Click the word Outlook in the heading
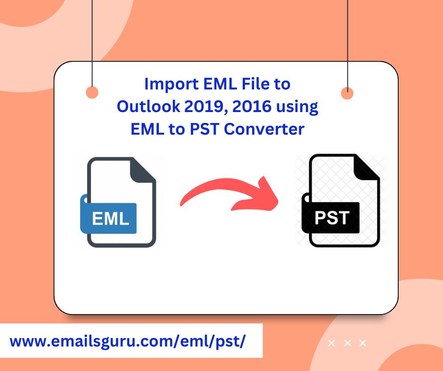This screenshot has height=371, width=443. (148, 106)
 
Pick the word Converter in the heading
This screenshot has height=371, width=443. (264, 129)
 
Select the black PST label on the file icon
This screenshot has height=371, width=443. (331, 218)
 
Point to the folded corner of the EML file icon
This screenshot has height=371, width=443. (142, 170)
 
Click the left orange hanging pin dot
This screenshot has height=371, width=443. (92, 93)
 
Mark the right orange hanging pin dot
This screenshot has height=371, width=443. (347, 93)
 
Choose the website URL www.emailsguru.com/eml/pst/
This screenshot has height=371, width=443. (128, 341)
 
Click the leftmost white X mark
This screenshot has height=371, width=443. (331, 343)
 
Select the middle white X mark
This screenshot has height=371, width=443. (347, 343)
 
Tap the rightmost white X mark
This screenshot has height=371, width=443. (362, 343)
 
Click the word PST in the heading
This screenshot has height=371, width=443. (204, 129)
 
